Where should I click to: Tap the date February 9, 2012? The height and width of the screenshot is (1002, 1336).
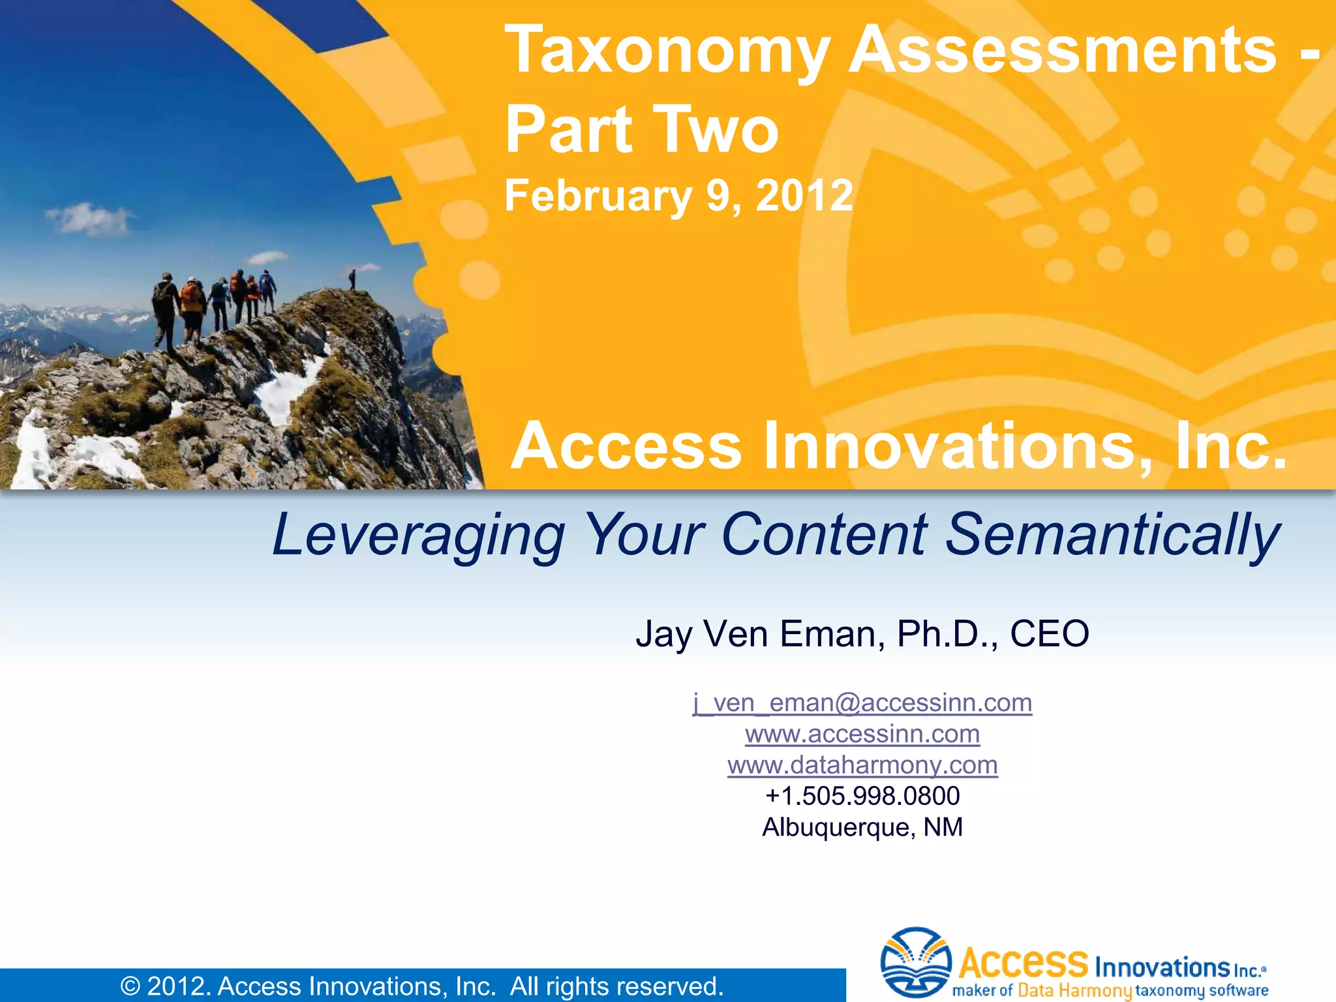(678, 195)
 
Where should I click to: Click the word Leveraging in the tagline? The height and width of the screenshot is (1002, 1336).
(418, 535)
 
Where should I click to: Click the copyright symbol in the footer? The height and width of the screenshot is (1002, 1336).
(130, 986)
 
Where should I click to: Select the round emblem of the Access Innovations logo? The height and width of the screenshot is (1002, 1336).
(916, 962)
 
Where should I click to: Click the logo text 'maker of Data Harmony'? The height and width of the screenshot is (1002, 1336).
(1041, 990)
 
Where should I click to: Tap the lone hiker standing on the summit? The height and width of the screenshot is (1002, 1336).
(352, 279)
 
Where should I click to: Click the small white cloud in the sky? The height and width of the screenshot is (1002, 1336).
(91, 219)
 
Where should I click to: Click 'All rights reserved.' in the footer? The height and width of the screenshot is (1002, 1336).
(616, 986)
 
